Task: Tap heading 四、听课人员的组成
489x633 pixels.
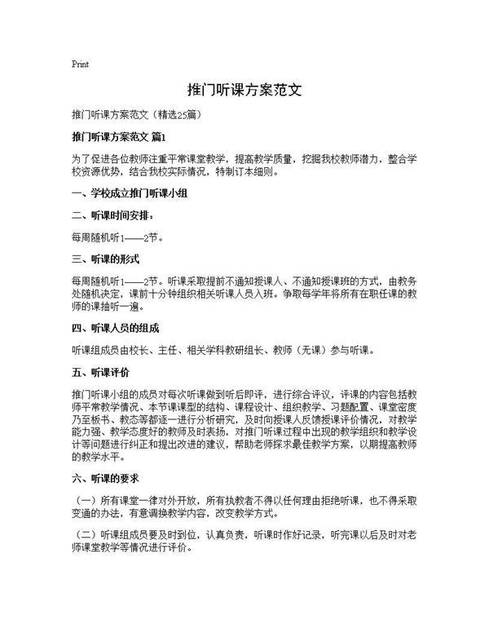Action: click(116, 329)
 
